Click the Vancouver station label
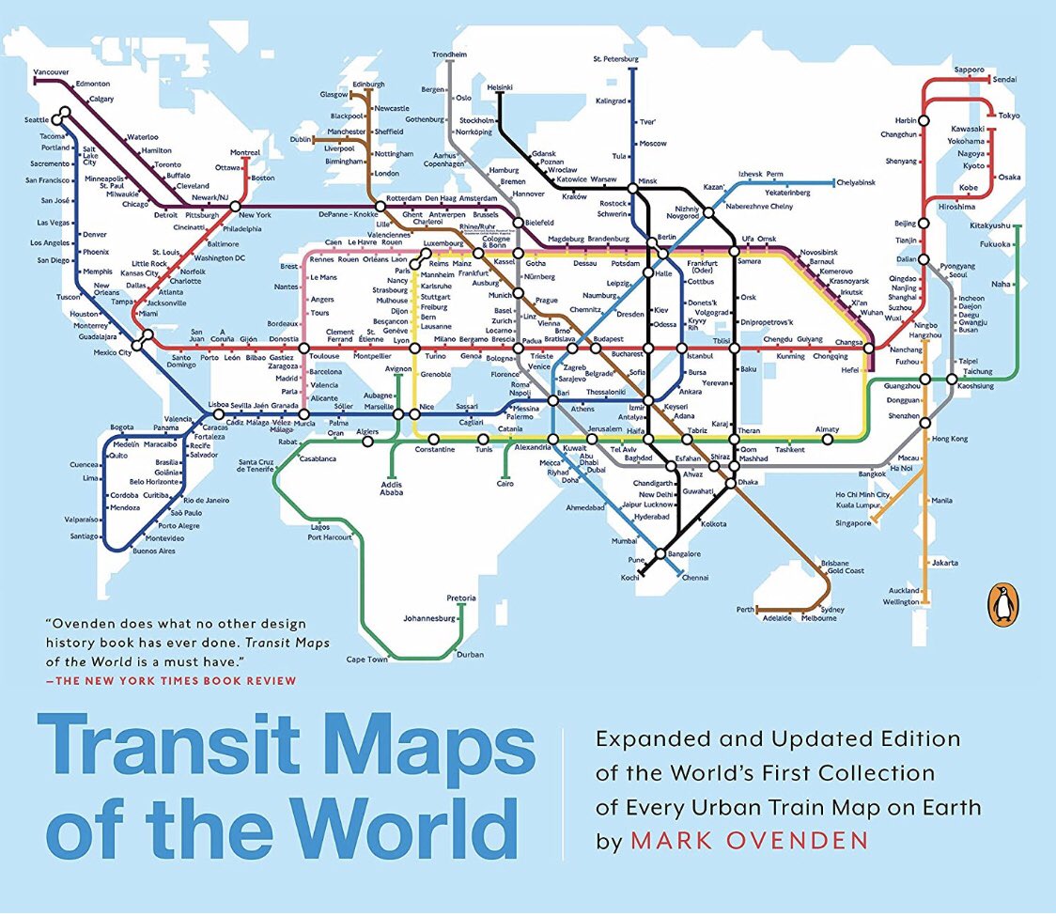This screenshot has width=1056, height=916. pyautogui.click(x=51, y=71)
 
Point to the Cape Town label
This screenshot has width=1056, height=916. pyautogui.click(x=366, y=660)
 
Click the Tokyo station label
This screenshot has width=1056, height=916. pyautogui.click(x=1009, y=115)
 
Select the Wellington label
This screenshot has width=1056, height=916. pyautogui.click(x=901, y=601)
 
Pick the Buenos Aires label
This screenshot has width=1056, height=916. pyautogui.click(x=154, y=551)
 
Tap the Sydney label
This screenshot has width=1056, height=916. pyautogui.click(x=832, y=610)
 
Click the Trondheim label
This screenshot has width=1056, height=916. pyautogui.click(x=449, y=54)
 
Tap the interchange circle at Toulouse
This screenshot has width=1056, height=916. pyautogui.click(x=303, y=348)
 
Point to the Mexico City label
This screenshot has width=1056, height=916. pyautogui.click(x=112, y=352)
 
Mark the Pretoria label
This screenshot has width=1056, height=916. pyautogui.click(x=461, y=598)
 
